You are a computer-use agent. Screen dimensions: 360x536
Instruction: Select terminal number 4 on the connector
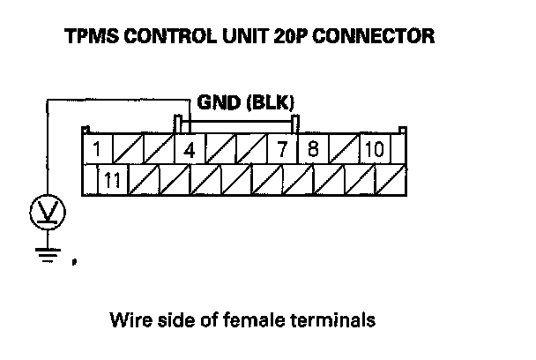pyautogui.click(x=189, y=149)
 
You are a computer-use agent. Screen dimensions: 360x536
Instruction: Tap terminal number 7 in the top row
pyautogui.click(x=282, y=149)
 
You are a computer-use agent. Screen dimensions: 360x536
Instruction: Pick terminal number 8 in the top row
pyautogui.click(x=313, y=149)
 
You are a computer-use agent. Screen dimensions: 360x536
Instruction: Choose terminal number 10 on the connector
pyautogui.click(x=374, y=149)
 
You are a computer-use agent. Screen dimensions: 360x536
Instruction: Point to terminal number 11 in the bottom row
pyautogui.click(x=112, y=181)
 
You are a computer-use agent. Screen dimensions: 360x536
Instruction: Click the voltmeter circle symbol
pyautogui.click(x=43, y=213)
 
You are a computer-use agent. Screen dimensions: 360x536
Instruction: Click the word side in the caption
pyautogui.click(x=171, y=318)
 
